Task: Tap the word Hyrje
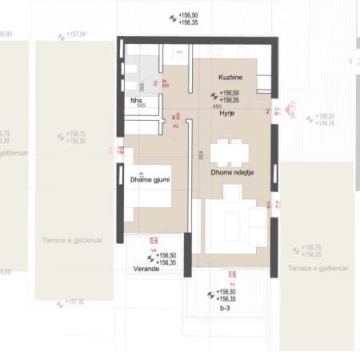pos(228,114)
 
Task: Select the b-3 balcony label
pos(226,306)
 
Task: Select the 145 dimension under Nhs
pos(140,106)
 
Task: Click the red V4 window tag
pos(154,249)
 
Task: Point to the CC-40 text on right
pos(293,109)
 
